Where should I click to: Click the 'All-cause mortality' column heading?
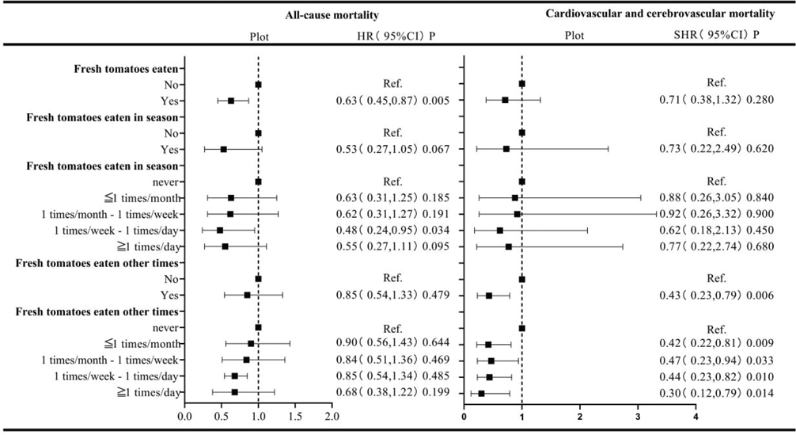(x=332, y=15)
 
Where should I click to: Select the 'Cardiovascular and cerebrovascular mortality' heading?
(x=659, y=14)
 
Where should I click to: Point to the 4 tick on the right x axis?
(x=696, y=415)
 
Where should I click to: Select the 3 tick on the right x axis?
(x=638, y=415)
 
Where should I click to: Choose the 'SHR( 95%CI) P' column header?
(x=715, y=36)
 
